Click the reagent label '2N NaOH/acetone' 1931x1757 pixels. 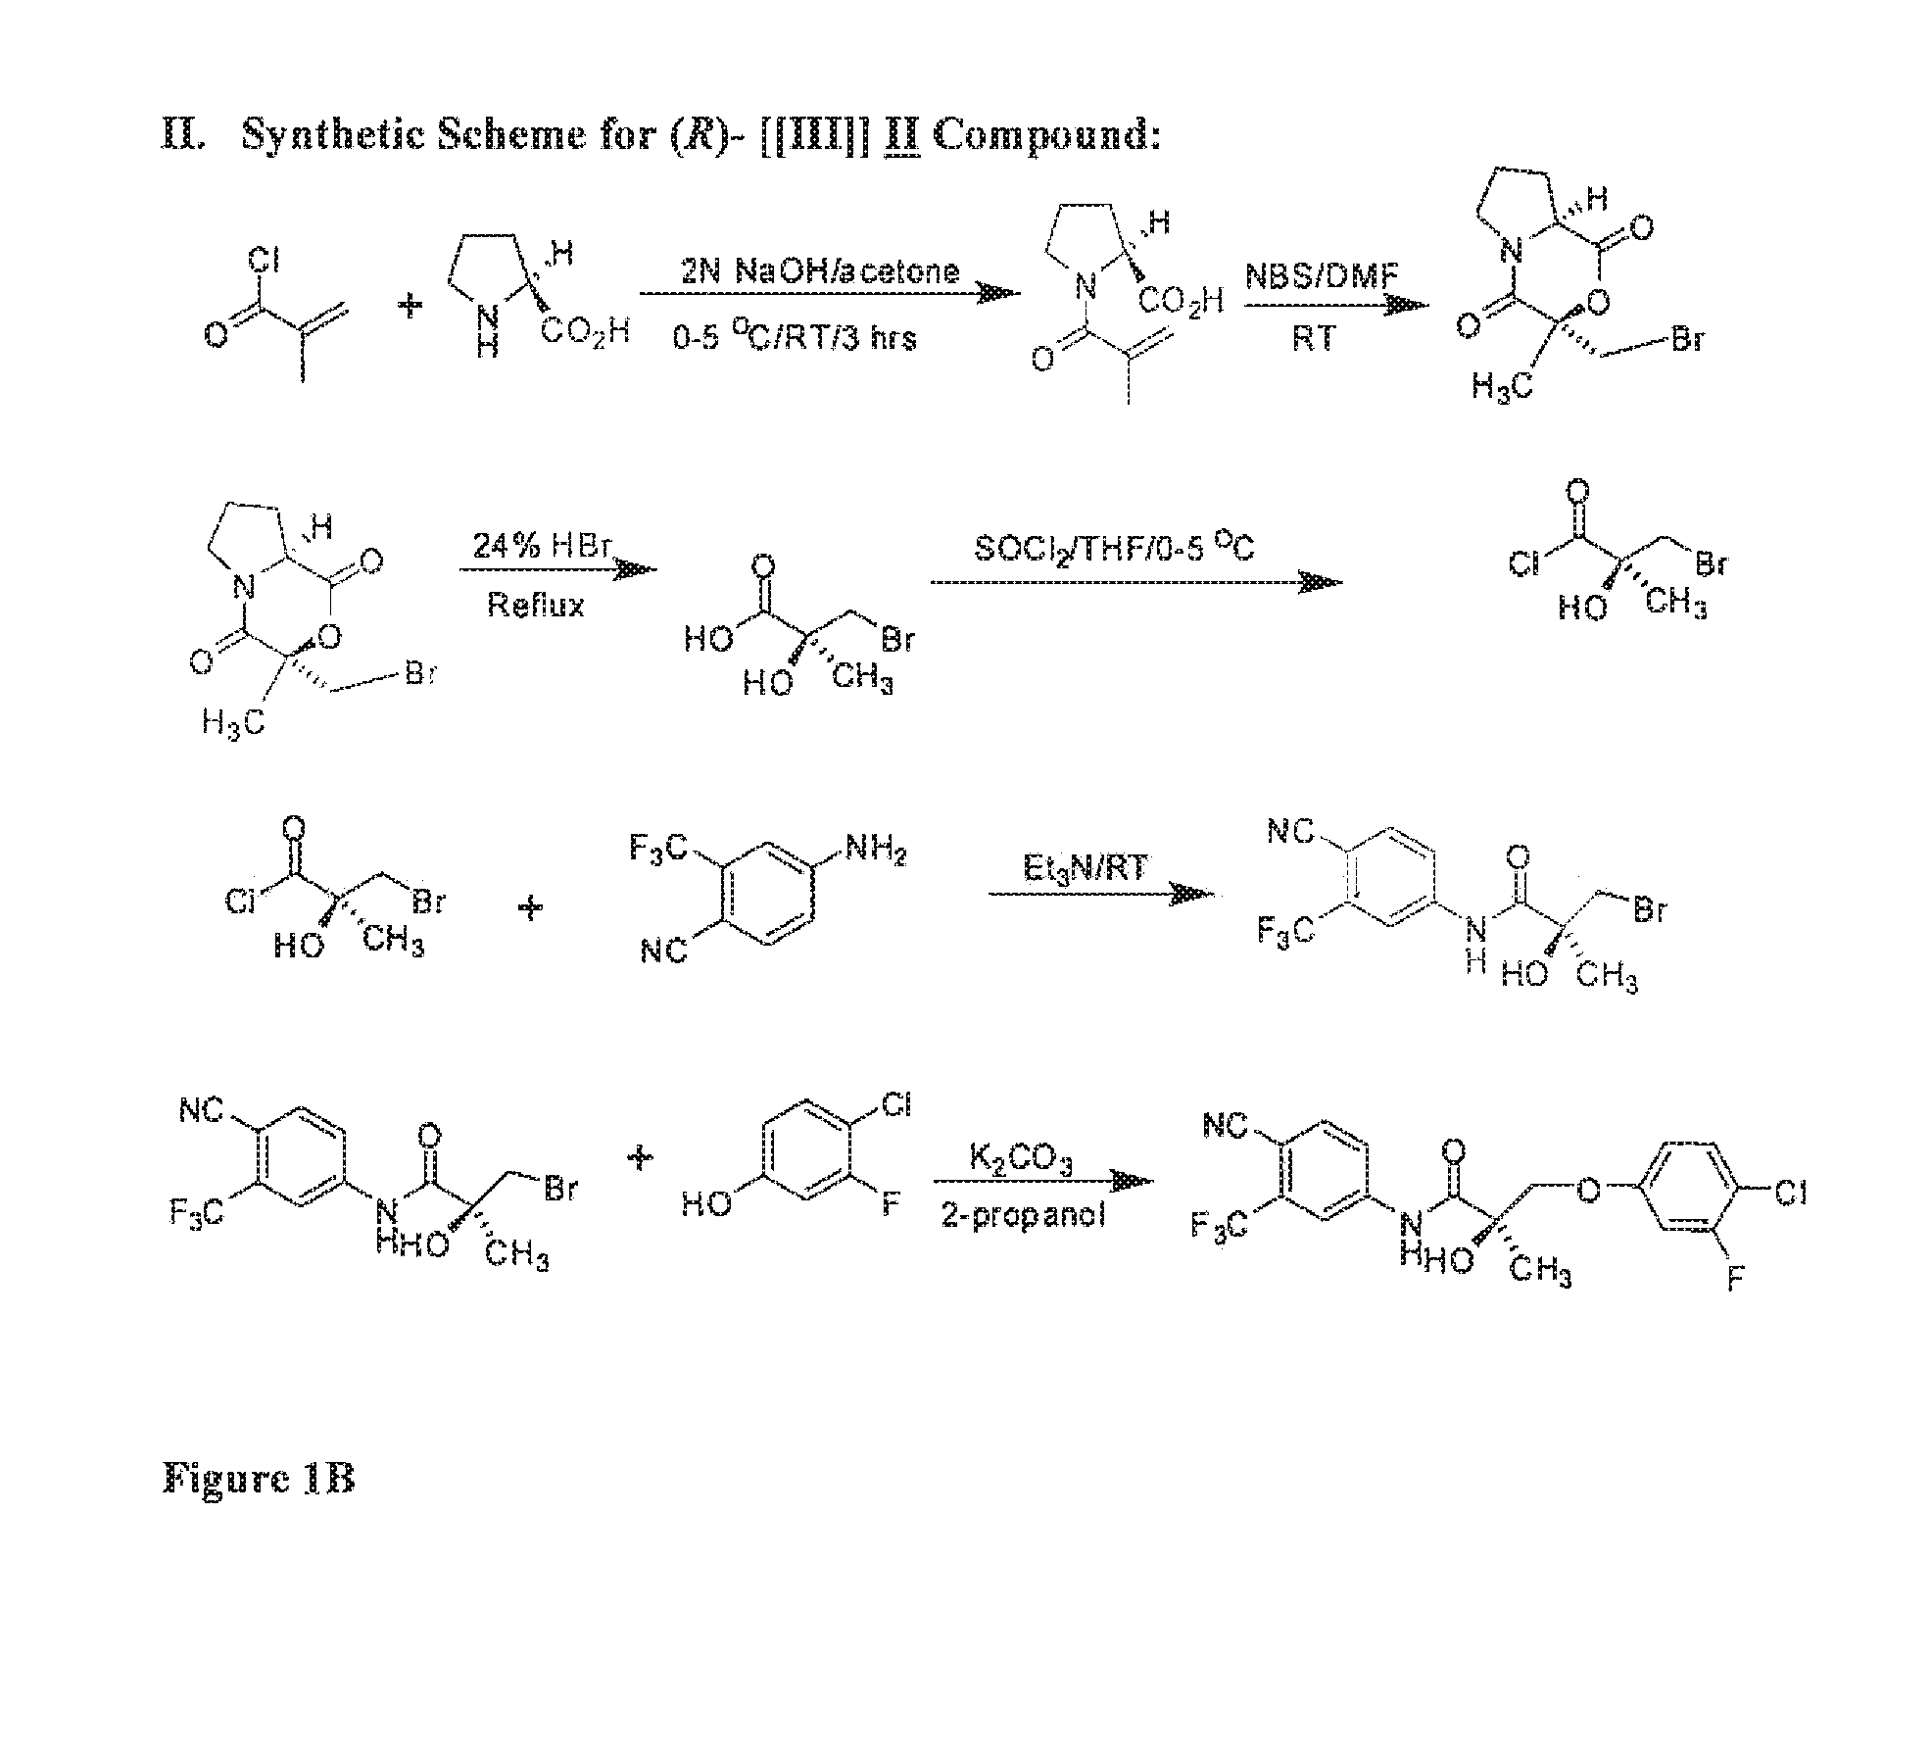tap(820, 270)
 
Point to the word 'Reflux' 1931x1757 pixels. tap(536, 605)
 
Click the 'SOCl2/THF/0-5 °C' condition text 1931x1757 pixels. tap(1114, 548)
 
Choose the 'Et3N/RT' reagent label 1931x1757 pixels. tap(1085, 867)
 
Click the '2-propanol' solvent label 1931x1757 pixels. tap(1023, 1216)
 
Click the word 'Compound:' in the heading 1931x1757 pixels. tap(1046, 134)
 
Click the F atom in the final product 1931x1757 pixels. tap(1734, 1279)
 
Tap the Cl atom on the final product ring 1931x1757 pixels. tap(1789, 1193)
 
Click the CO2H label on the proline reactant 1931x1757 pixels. tap(584, 331)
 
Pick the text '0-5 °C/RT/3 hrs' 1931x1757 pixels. tap(795, 338)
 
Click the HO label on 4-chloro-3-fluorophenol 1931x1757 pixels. tap(707, 1202)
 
